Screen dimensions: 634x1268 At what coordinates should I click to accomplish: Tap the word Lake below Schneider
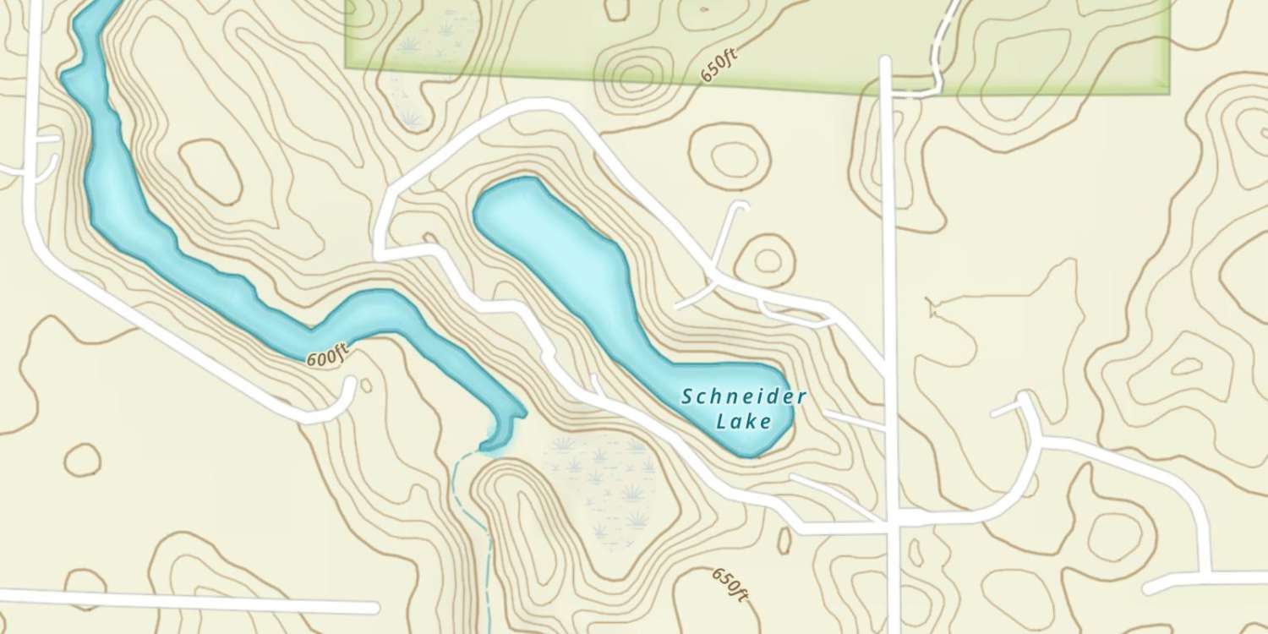[x=744, y=421]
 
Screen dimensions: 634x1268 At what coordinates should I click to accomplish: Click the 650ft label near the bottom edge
[x=730, y=584]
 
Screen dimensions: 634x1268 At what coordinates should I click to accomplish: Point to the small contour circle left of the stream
[x=83, y=459]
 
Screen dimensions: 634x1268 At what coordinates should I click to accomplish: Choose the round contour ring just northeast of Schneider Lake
[x=768, y=260]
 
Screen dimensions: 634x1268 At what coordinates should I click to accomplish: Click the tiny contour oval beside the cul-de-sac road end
[x=366, y=385]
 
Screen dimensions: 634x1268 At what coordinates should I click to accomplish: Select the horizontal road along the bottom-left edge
[x=186, y=602]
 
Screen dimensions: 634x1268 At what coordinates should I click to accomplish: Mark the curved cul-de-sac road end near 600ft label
[x=342, y=402]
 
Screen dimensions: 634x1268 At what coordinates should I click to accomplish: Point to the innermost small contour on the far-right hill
[x=1188, y=366]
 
